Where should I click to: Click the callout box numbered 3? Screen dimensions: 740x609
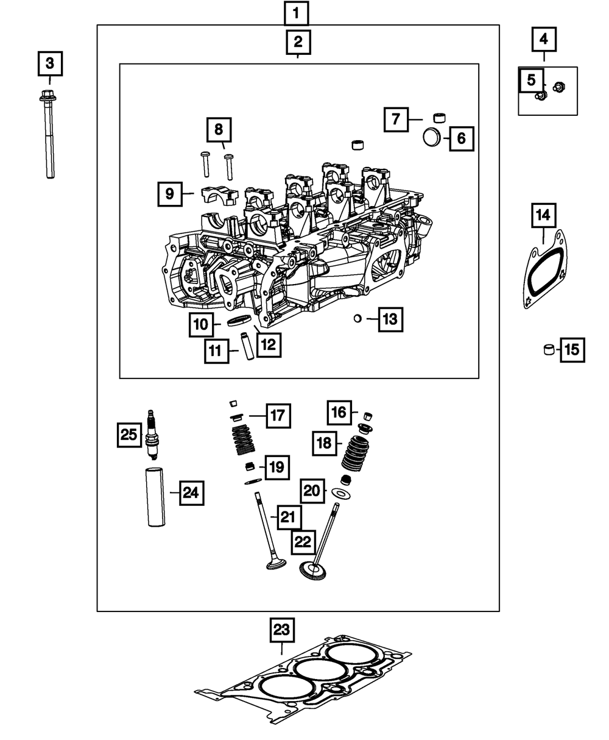pos(50,63)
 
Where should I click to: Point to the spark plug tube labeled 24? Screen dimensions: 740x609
pos(155,496)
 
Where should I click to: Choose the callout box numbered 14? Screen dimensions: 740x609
pos(543,215)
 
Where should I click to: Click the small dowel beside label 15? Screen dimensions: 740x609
pos(550,350)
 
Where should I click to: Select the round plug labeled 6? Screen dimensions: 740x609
pos(432,137)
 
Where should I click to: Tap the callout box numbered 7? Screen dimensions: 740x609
pos(396,119)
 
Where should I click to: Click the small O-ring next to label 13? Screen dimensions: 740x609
pos(359,318)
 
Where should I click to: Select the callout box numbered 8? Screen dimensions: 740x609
pos(218,129)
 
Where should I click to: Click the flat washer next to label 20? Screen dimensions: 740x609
pos(343,491)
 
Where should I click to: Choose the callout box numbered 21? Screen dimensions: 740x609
pos(288,518)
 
